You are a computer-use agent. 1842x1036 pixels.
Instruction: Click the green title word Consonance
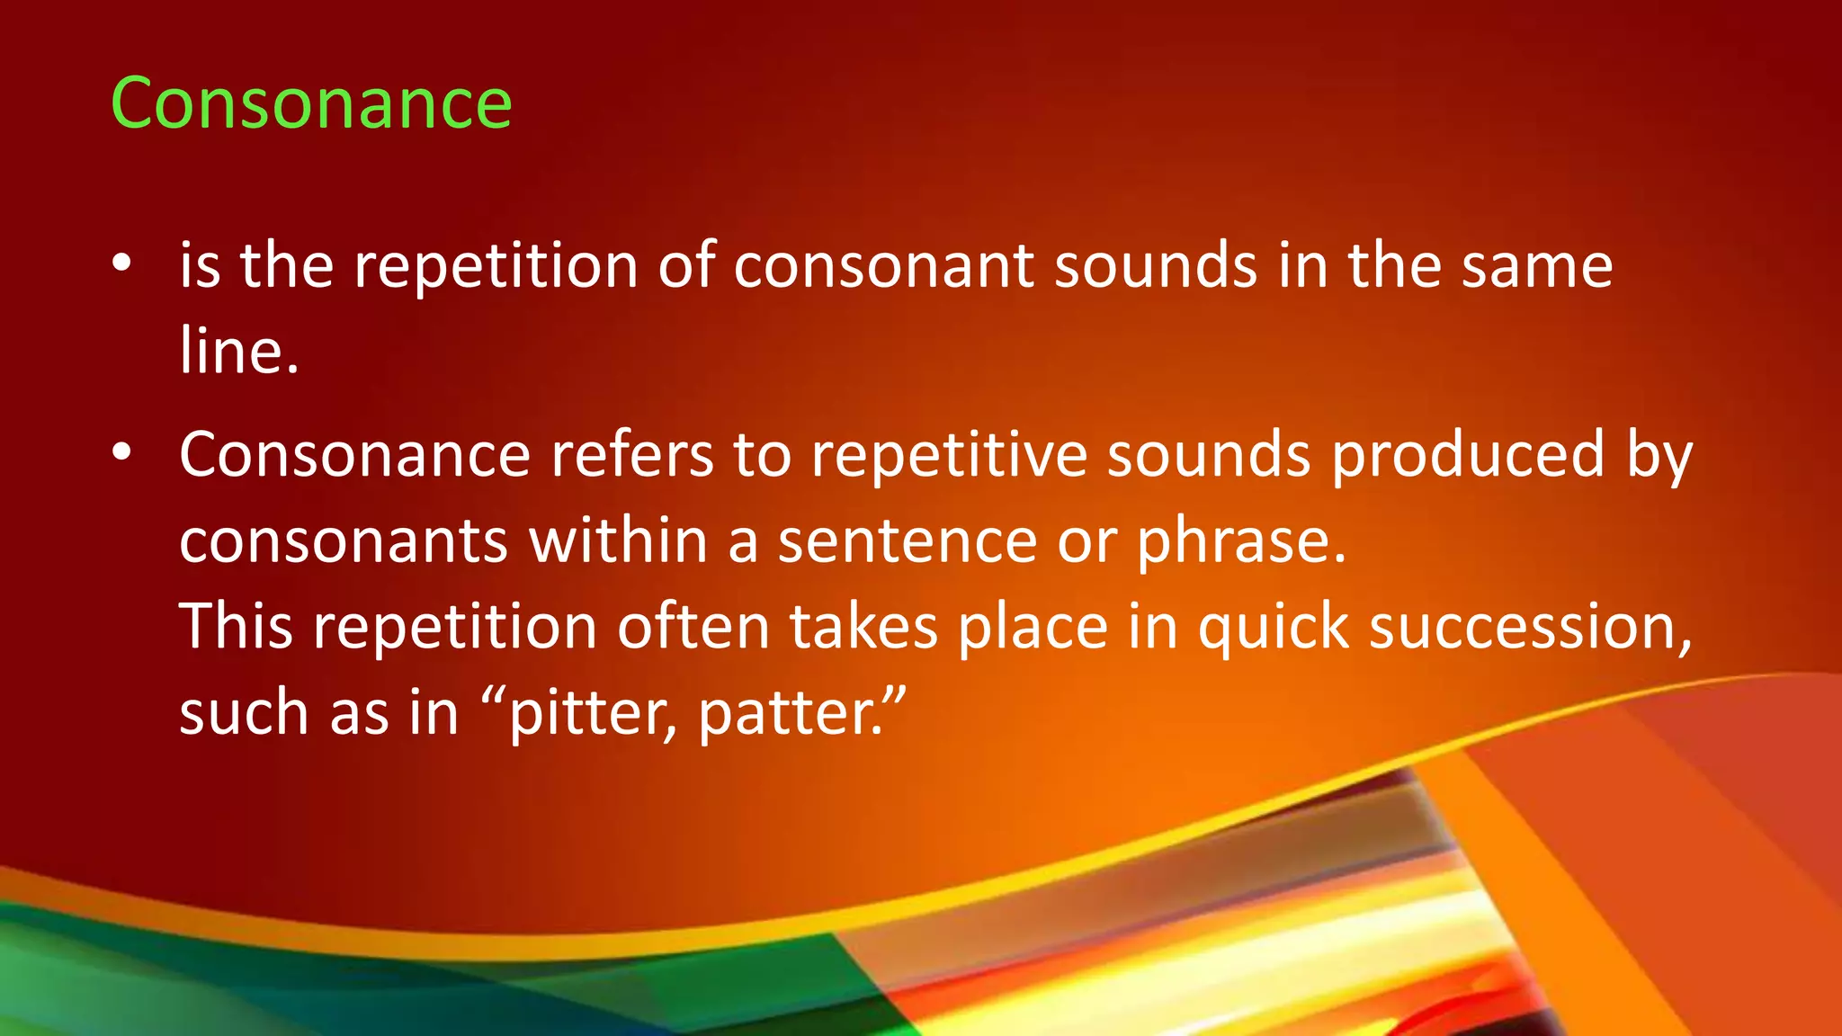[x=311, y=103]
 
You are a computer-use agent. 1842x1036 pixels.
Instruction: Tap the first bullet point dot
[x=122, y=263]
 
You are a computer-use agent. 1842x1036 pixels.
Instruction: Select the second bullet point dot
[x=122, y=452]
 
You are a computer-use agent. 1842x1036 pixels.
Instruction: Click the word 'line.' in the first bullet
[x=239, y=351]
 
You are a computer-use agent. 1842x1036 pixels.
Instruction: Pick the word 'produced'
[x=1468, y=455]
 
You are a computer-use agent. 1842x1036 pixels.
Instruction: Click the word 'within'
[x=618, y=541]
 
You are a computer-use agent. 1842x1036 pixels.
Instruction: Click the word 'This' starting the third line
[x=237, y=627]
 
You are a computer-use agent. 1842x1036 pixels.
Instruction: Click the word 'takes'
[x=864, y=627]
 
